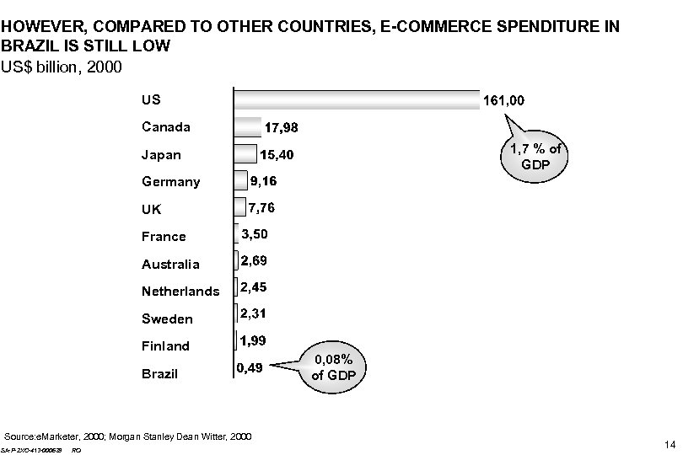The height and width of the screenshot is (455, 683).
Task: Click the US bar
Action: [354, 99]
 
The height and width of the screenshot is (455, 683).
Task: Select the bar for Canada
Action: [247, 127]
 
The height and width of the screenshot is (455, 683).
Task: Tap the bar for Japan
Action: [245, 154]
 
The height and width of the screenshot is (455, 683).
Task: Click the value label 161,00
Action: [503, 100]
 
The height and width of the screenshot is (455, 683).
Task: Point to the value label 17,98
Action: [288, 128]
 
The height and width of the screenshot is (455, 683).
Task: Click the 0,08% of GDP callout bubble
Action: [334, 367]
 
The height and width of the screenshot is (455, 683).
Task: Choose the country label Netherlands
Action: [180, 292]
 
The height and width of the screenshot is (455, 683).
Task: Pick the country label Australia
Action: [170, 265]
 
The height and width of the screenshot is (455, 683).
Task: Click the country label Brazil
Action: [160, 373]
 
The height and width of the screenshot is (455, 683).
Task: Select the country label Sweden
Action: [167, 319]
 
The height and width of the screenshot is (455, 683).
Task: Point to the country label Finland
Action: [166, 346]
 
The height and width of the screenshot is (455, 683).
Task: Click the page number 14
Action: [670, 444]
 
